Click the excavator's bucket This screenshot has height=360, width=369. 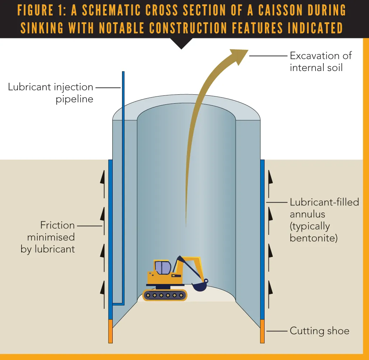(x=199, y=286)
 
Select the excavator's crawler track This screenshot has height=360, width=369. (x=165, y=295)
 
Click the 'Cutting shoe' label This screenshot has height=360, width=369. (x=319, y=331)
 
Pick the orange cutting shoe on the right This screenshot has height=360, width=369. (x=262, y=331)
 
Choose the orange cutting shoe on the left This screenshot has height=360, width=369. (x=111, y=331)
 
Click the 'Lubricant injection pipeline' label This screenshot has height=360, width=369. (x=51, y=93)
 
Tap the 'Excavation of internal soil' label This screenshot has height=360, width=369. (x=321, y=61)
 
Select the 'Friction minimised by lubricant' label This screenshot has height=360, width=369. (x=48, y=237)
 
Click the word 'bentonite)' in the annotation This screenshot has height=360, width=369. (x=313, y=238)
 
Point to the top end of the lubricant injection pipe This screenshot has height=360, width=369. (x=123, y=73)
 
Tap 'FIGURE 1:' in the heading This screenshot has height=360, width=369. (x=42, y=11)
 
